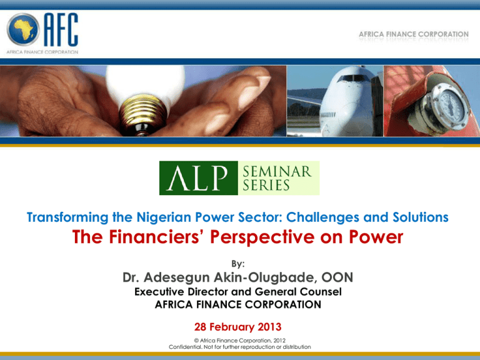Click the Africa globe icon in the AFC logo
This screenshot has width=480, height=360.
pos(23,29)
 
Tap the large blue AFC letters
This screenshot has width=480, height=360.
pos(61,29)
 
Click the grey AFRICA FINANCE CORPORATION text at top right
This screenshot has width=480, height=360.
pos(414,34)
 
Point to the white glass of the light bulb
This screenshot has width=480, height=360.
pos(146,82)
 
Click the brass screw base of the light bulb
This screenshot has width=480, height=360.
pos(143,116)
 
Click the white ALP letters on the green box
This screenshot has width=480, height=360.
pos(197,178)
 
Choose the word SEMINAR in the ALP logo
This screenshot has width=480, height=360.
pos(277,171)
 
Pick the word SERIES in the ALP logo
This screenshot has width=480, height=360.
pos(266,185)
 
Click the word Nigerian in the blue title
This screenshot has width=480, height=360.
pos(164,217)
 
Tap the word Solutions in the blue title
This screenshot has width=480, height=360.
pos(421,217)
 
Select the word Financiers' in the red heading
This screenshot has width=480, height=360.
pos(155,237)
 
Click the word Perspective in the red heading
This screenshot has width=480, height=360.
pos(262,237)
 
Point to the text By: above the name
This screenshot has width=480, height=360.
pos(238,264)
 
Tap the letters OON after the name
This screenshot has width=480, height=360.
pos(337,277)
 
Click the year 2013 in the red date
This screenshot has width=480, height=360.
pos(269,327)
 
